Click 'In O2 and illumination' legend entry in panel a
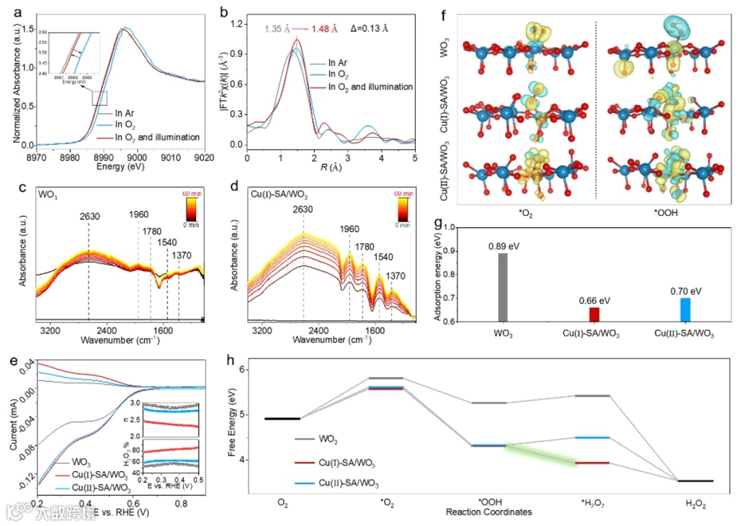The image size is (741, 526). [x=157, y=137]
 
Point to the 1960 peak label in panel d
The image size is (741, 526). [x=349, y=228]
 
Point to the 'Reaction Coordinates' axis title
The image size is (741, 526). [x=489, y=512]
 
